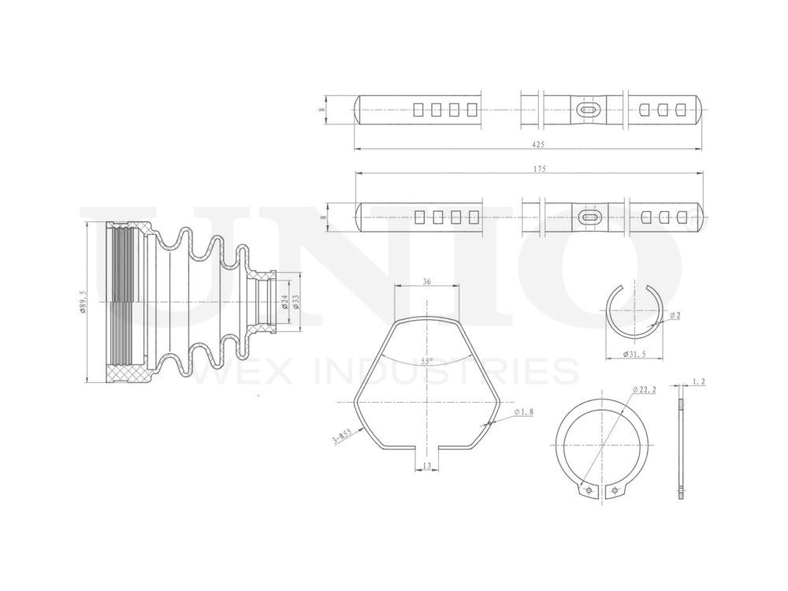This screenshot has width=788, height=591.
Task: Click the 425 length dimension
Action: coord(538,144)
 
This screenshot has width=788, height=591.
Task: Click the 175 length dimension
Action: coord(539,169)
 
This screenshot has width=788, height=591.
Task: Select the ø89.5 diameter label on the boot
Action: coord(83,302)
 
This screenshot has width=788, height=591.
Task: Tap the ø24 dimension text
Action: coord(284,301)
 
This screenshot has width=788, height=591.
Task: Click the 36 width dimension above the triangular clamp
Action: coord(426,281)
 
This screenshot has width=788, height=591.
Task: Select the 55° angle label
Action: coord(426,362)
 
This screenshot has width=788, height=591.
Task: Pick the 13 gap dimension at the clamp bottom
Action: coord(426,466)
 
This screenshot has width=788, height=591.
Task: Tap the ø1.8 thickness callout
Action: coord(524,412)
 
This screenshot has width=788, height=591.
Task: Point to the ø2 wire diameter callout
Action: coord(675,315)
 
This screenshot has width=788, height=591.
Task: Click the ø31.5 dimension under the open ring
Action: coord(635,352)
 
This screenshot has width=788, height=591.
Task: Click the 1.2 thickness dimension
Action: coord(697,382)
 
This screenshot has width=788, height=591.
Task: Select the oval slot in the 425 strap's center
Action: coord(586,110)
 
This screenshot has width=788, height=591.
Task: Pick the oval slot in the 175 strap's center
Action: coord(588,215)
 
